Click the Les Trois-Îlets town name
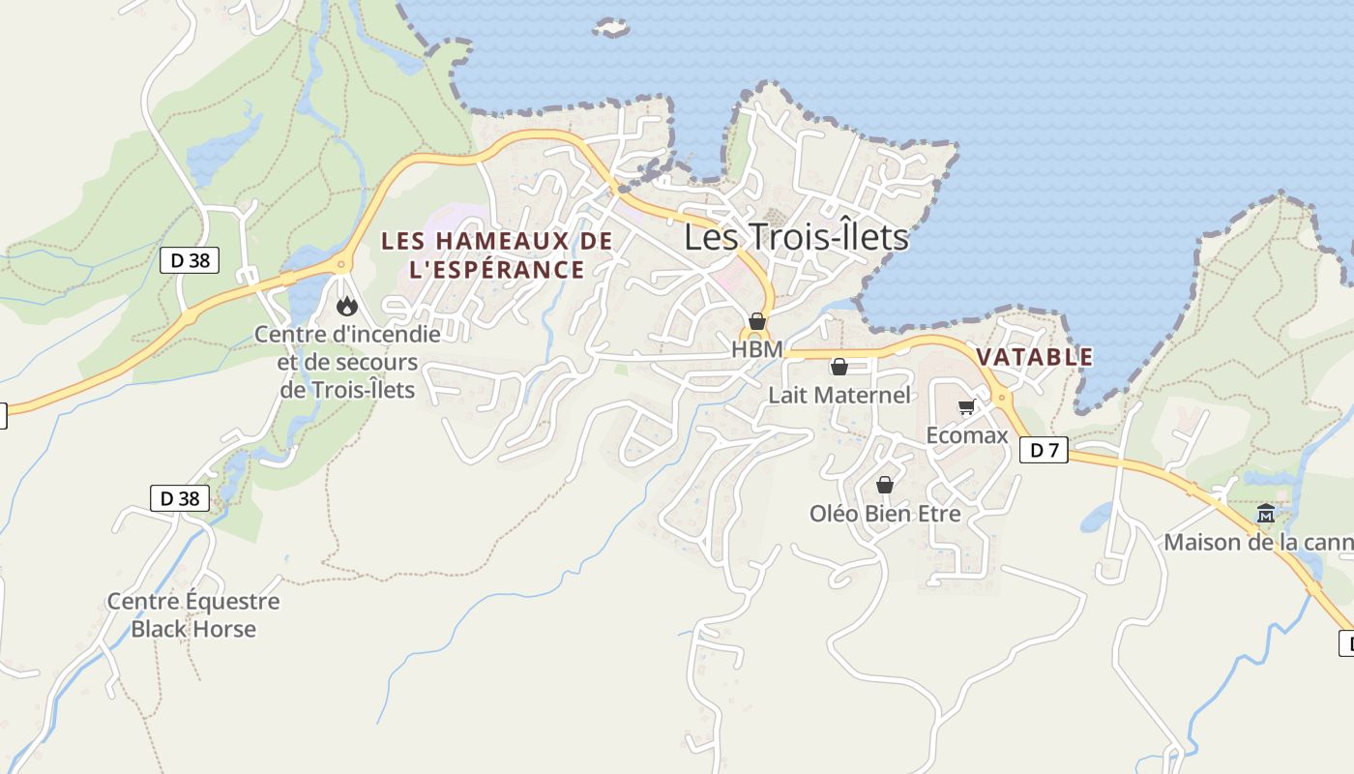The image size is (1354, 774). (796, 237)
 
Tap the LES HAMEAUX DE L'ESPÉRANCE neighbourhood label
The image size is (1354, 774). (497, 254)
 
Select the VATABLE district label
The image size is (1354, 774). (1034, 357)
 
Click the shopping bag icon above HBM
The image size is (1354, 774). (757, 321)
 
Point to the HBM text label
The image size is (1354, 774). (756, 349)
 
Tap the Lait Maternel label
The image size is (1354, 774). (839, 395)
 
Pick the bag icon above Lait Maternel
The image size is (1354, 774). (839, 367)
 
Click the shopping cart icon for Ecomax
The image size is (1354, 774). (966, 407)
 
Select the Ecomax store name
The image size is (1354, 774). (966, 435)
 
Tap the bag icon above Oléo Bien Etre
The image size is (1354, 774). (884, 485)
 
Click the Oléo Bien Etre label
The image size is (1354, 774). (885, 513)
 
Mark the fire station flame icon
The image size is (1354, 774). (346, 307)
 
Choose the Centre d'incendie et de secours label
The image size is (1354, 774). (347, 362)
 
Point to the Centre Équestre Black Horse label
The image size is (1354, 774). (193, 614)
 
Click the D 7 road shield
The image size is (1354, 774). (1044, 450)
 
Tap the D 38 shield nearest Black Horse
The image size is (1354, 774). (180, 498)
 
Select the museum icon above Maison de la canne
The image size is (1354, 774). (1265, 514)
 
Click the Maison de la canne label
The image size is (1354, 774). (1257, 542)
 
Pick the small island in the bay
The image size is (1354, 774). (611, 27)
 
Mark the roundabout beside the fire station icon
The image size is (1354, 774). (340, 264)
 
